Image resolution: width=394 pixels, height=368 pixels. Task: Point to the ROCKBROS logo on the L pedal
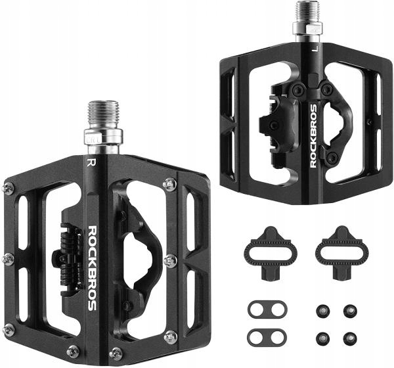pos(314,136)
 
